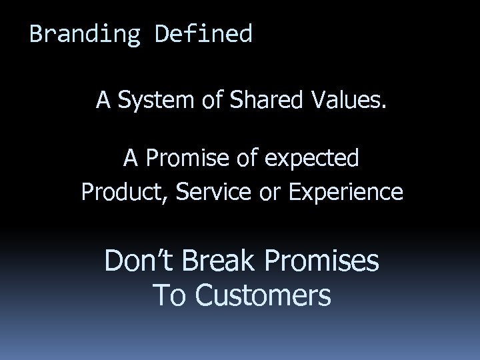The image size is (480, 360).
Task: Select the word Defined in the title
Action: pyautogui.click(x=204, y=33)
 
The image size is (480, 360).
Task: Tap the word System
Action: pyautogui.click(x=153, y=101)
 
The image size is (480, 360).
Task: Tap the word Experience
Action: pyautogui.click(x=346, y=193)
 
